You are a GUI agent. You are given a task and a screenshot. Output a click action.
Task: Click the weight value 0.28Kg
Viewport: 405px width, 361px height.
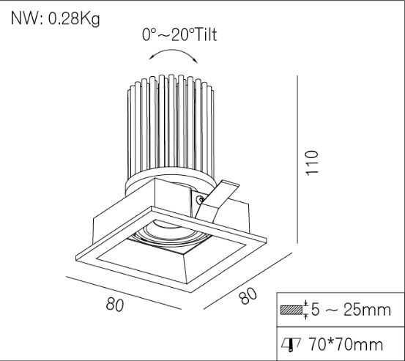click(x=74, y=19)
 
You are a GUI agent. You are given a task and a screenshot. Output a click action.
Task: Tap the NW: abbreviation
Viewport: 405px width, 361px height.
click(x=26, y=19)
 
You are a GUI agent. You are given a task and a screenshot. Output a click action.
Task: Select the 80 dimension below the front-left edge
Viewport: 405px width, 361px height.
click(x=114, y=305)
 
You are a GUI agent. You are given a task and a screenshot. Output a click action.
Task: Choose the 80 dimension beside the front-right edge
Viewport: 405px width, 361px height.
click(x=248, y=295)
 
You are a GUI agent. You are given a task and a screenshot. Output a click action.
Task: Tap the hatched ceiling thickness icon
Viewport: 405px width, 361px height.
click(x=291, y=310)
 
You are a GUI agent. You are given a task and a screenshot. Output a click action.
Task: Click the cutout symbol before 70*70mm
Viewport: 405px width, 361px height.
click(x=291, y=343)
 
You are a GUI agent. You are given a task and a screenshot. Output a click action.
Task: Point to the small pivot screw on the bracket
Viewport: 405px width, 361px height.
click(x=199, y=198)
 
